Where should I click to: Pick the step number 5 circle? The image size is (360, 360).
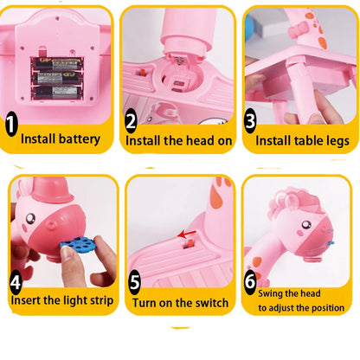pos(134,283)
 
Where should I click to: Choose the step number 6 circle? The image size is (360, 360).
pos(250,282)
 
